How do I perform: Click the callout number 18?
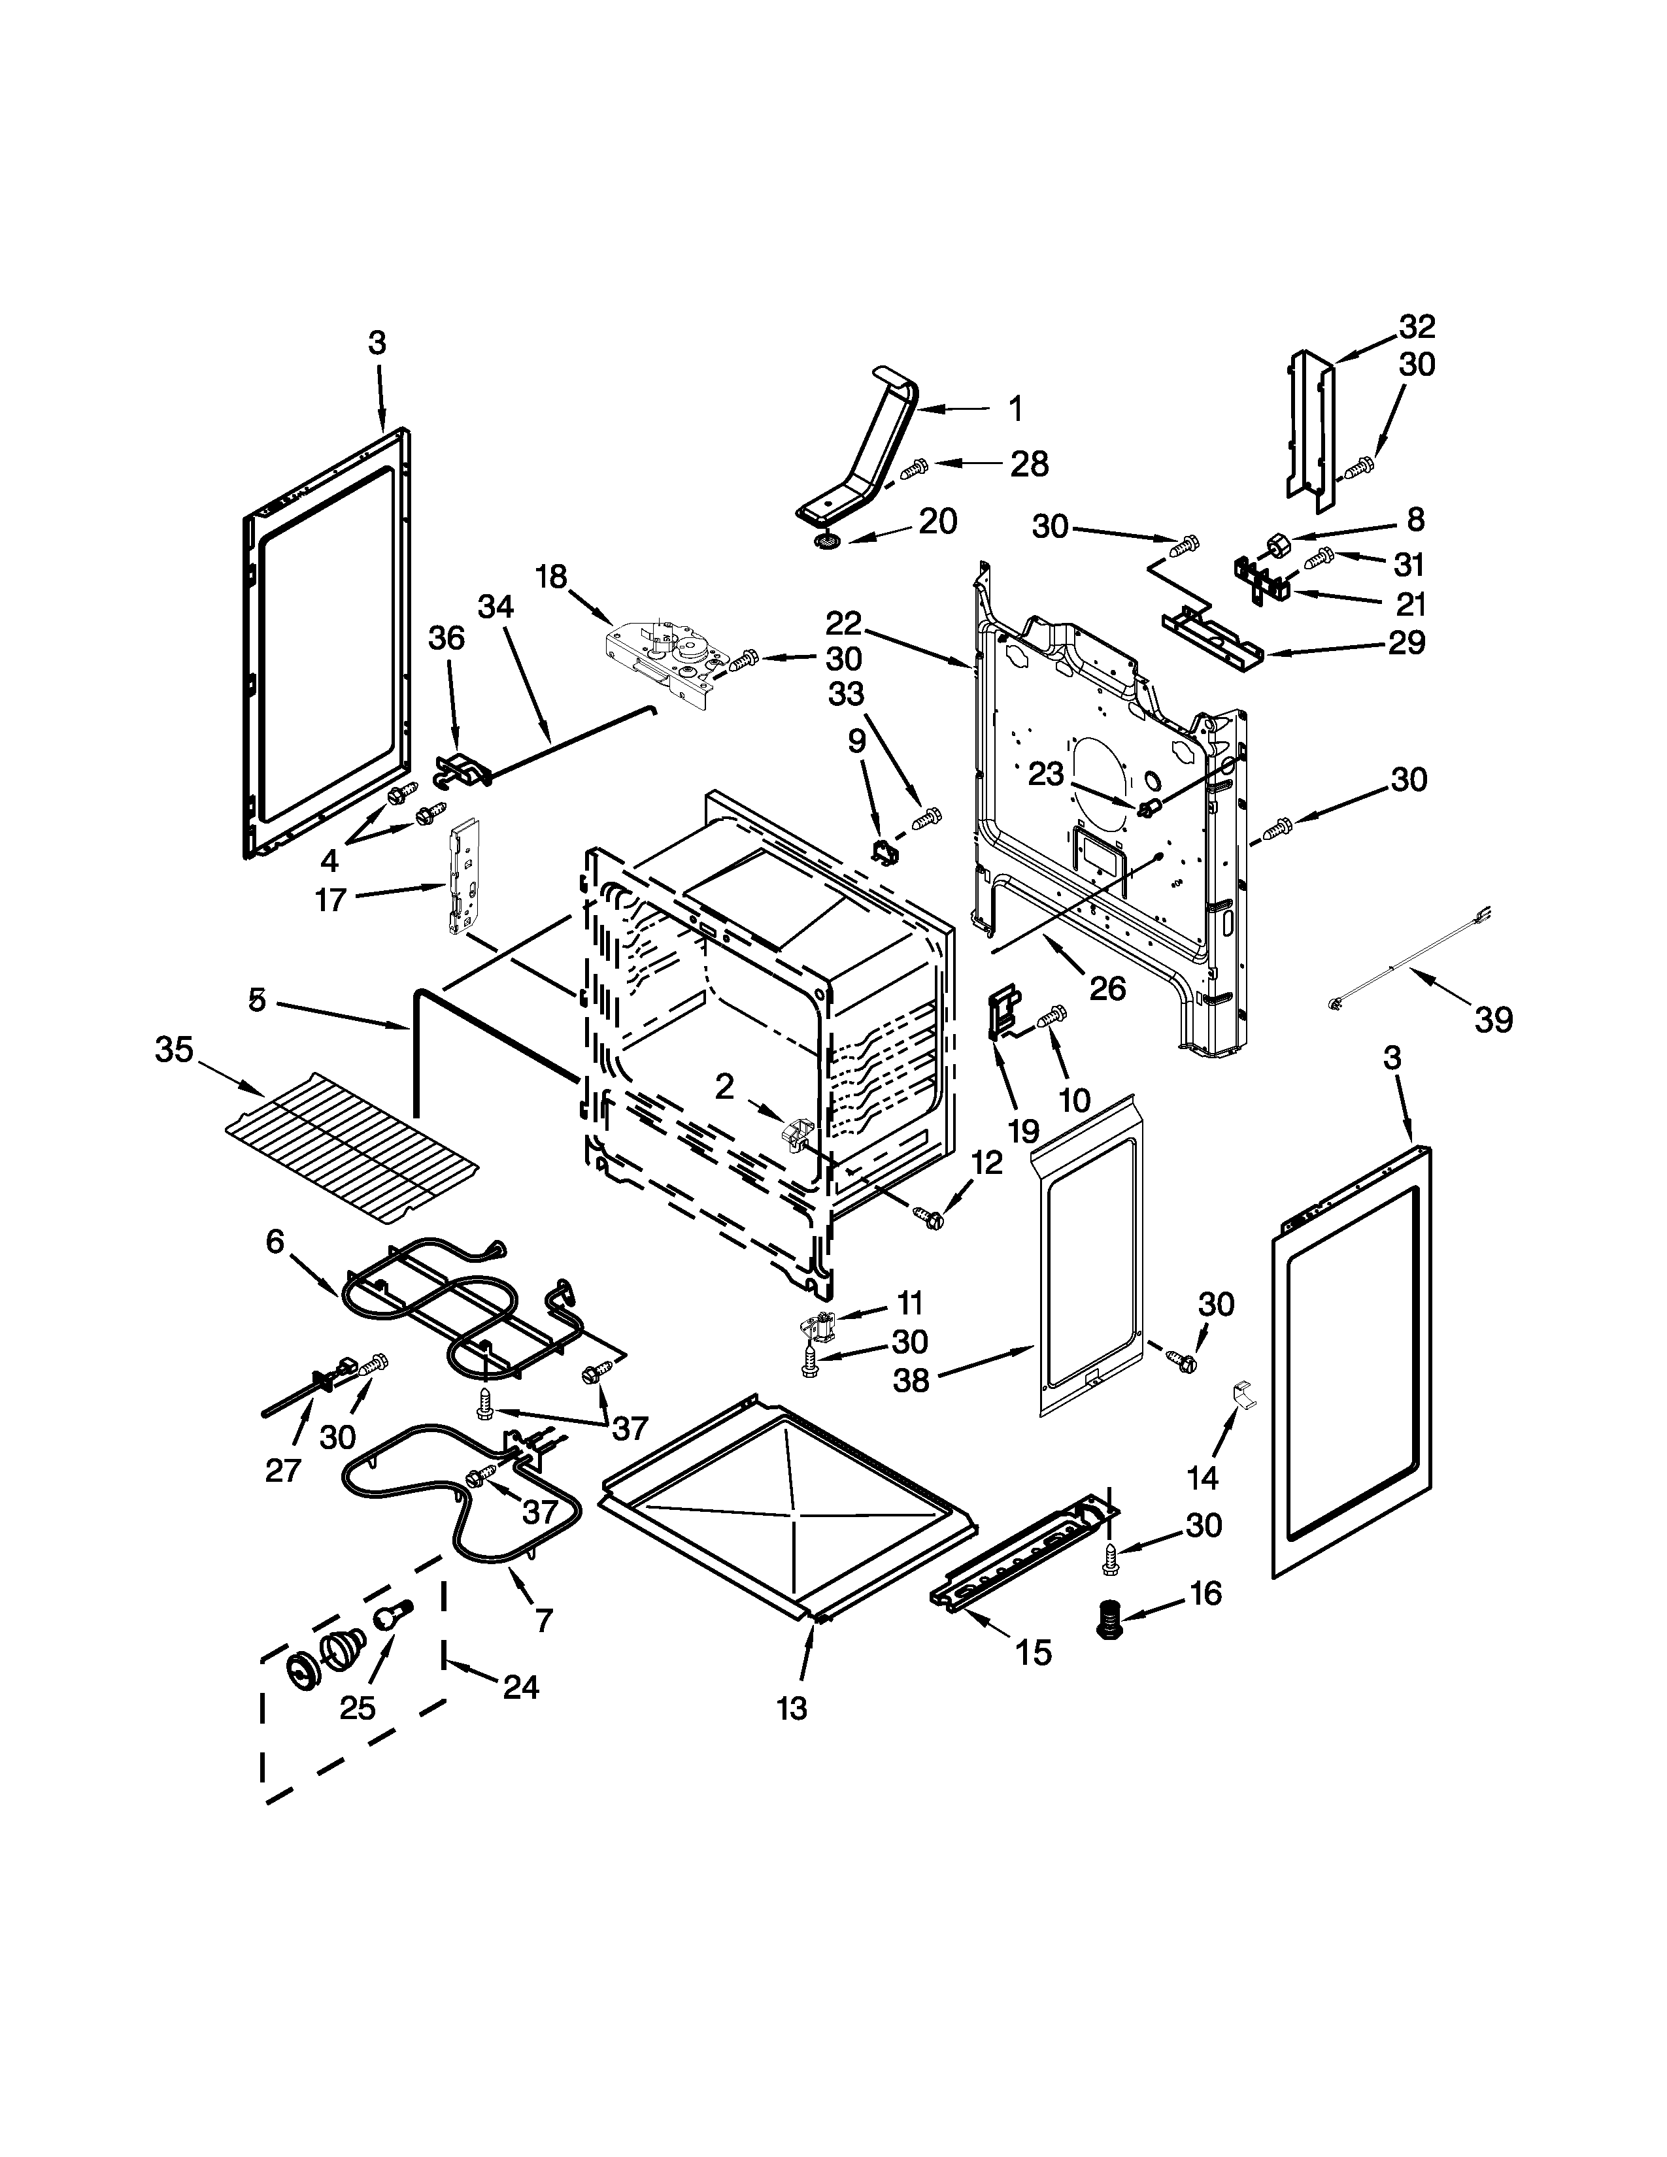pyautogui.click(x=551, y=576)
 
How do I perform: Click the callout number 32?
pyautogui.click(x=1416, y=326)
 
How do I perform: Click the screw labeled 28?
pyautogui.click(x=915, y=467)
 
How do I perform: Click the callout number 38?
pyautogui.click(x=911, y=1380)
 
